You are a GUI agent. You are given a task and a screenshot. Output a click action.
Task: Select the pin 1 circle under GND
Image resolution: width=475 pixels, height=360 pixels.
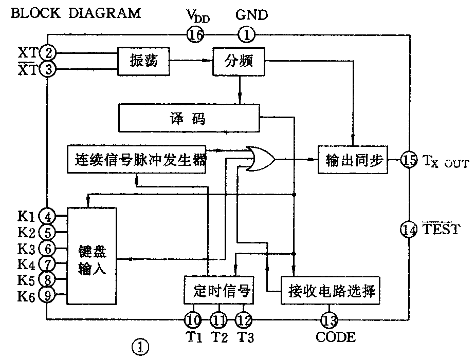[246, 35]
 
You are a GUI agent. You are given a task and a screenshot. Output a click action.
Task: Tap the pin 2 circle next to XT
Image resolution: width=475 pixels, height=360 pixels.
[48, 52]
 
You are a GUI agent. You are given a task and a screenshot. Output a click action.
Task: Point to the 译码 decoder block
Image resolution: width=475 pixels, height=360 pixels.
[188, 118]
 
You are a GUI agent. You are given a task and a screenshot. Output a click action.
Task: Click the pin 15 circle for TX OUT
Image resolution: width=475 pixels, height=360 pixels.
[409, 160]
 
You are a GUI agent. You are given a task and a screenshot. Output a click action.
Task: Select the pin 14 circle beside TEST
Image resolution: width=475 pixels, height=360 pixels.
[409, 231]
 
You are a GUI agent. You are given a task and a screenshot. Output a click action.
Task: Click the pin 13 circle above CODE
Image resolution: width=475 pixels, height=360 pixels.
[329, 320]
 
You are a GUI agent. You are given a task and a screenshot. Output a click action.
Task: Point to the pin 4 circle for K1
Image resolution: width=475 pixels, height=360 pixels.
[48, 215]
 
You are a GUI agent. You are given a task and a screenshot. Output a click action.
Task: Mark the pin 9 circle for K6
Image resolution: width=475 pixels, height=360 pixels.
[48, 296]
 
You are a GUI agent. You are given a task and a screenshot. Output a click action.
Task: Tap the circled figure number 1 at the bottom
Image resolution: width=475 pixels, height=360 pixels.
[140, 348]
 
